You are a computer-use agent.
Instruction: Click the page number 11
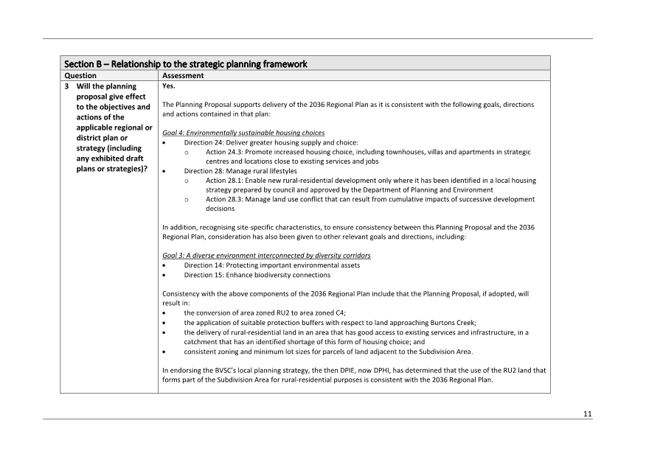588,414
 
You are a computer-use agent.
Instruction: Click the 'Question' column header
80,75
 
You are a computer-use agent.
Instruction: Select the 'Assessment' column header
183,75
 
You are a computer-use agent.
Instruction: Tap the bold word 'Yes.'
169,86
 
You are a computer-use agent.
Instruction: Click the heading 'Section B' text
86,64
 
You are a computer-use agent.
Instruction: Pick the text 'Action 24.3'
226,152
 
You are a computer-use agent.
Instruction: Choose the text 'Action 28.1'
226,181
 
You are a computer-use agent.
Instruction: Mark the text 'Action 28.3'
226,199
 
